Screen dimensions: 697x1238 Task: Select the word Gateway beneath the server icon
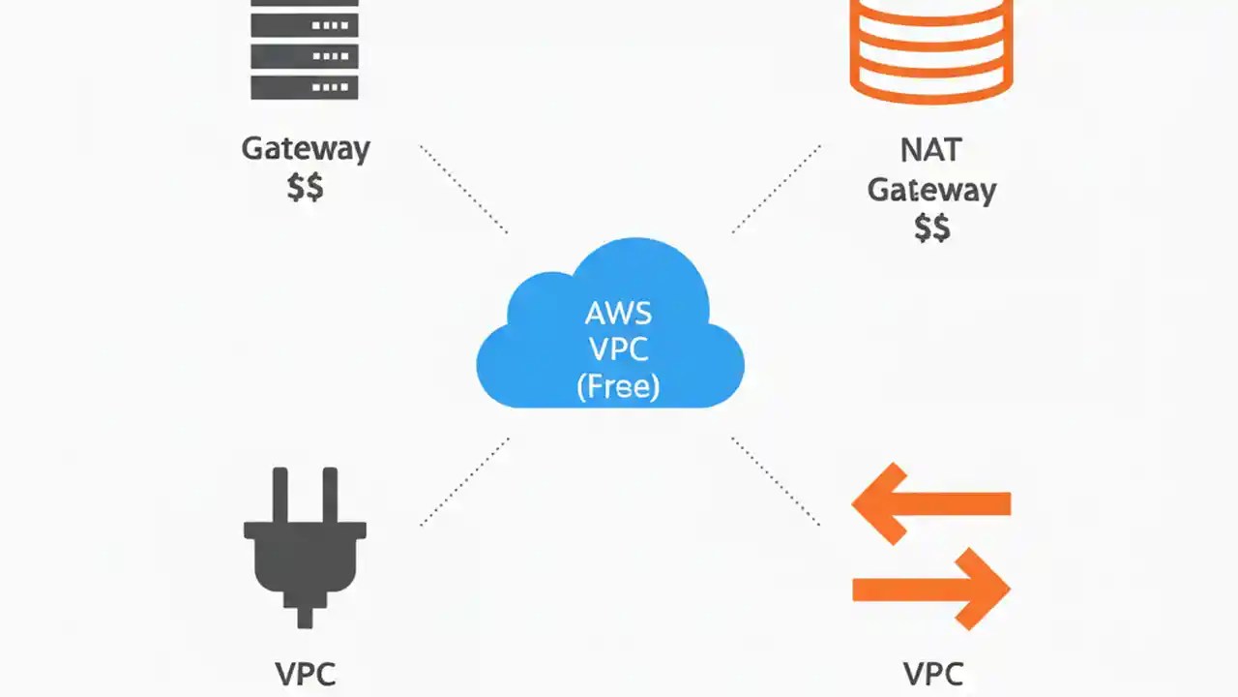coord(306,149)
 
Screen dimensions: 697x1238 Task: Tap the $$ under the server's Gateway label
coord(306,187)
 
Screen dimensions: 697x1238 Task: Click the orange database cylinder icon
coord(930,48)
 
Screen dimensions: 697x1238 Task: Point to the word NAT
coord(930,150)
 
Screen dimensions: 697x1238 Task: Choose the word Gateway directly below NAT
coord(931,189)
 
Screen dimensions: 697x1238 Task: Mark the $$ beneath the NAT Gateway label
coord(932,227)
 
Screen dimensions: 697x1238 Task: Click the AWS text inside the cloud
coord(618,313)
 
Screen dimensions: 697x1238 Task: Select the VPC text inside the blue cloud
coord(618,349)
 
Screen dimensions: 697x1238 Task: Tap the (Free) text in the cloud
coord(618,387)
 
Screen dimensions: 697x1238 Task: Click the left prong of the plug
coord(280,494)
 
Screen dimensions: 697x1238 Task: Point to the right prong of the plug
coord(329,494)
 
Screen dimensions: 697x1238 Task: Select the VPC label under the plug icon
coord(306,674)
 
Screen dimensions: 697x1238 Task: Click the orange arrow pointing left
coord(930,503)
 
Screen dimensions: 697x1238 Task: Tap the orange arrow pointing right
coord(930,588)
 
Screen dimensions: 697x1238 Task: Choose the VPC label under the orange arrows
coord(932,674)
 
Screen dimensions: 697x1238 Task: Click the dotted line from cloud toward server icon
coord(464,190)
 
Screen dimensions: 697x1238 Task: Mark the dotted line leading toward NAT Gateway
coord(776,190)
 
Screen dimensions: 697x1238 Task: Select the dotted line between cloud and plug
coord(464,481)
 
